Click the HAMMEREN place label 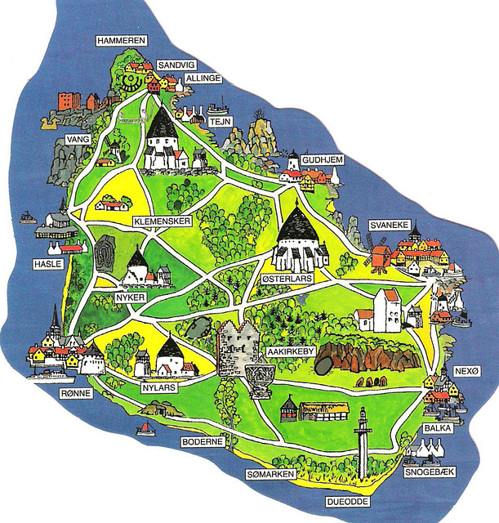120,39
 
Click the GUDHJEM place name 320,160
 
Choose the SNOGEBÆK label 430,472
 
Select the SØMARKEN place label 270,474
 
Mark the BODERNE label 202,441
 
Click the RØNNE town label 76,393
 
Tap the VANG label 78,141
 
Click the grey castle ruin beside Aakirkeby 238,347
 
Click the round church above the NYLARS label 170,356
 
